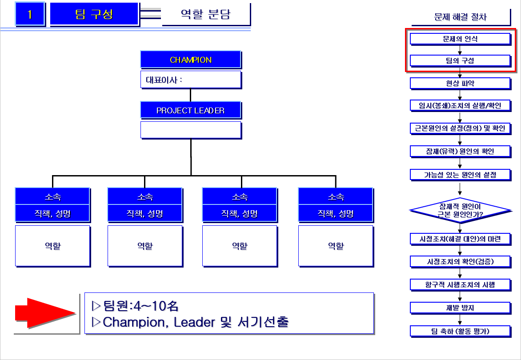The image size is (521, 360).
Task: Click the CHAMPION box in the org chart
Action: coord(191,60)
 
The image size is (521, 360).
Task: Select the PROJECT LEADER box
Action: coord(191,110)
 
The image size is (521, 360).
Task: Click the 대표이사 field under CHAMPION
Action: coord(191,80)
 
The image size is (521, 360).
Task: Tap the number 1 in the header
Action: coord(30,14)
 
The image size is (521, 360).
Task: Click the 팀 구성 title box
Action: coord(94,14)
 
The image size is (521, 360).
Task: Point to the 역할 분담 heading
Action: coord(205,14)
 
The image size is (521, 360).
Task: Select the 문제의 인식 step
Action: coord(460,39)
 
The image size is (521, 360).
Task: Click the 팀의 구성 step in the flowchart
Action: coord(460,60)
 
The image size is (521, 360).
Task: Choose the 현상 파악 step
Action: coord(460,83)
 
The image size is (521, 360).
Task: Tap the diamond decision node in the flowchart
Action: coord(460,210)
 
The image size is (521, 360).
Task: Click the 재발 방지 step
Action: coord(460,308)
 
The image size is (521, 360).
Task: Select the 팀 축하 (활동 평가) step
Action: coord(460,331)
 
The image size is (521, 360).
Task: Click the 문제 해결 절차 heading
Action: coord(460,17)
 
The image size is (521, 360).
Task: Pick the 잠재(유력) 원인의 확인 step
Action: coord(460,151)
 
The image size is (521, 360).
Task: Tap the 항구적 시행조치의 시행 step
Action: coord(460,284)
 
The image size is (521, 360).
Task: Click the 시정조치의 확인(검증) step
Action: coord(460,261)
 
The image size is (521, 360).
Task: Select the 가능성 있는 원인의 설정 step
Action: coord(460,174)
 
